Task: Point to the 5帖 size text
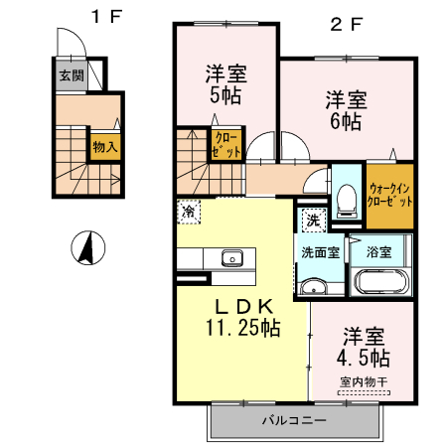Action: [225, 96]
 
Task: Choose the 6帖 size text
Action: [345, 121]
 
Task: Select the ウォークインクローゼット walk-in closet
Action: [391, 194]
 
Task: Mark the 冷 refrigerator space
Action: [188, 211]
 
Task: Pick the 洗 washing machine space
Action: [311, 219]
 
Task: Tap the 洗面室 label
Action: [320, 251]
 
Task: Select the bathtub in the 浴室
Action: [379, 282]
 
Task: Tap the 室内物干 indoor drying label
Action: [364, 381]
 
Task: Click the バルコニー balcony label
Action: [295, 420]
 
